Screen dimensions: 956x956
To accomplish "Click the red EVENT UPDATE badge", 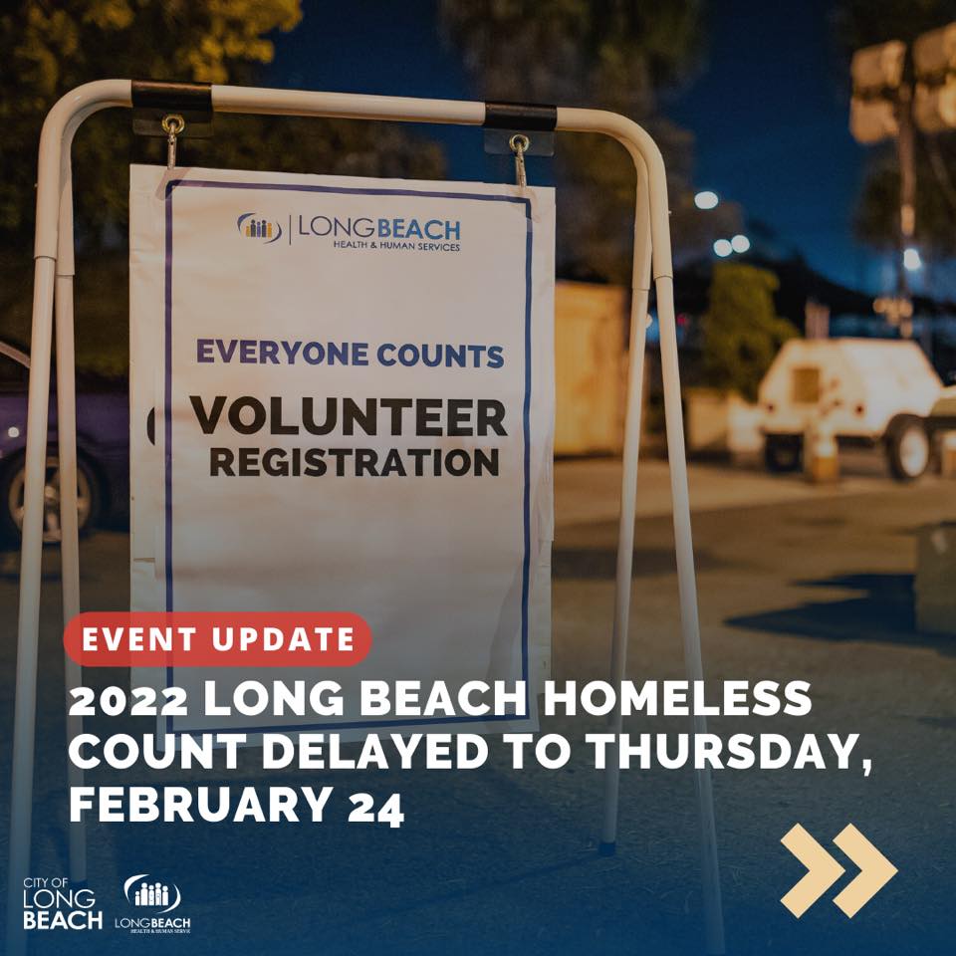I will coord(218,639).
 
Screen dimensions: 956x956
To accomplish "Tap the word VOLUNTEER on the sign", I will coord(349,418).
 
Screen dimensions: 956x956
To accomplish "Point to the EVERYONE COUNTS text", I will coord(350,354).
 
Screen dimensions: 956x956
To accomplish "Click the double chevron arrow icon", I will coord(838,870).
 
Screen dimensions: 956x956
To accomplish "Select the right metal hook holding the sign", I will coord(519,157).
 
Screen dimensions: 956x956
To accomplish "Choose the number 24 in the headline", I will coord(375,808).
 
